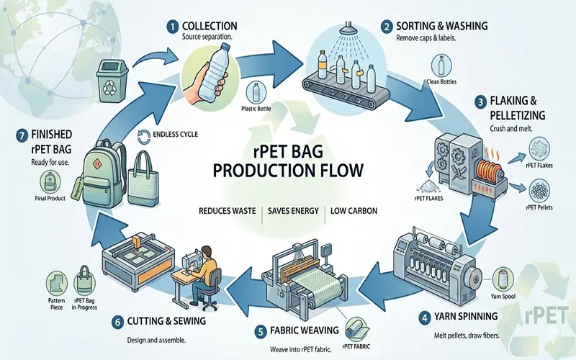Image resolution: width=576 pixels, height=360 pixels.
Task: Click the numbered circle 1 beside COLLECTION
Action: (x=171, y=25)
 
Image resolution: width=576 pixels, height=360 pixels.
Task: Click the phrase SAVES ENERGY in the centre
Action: (x=293, y=211)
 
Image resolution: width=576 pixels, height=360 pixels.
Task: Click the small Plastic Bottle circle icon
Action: (x=256, y=91)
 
